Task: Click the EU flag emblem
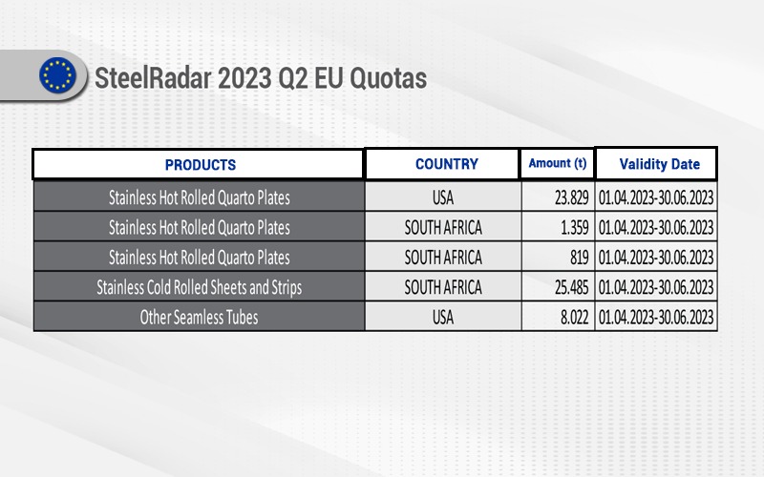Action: click(x=57, y=75)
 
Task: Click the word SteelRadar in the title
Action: click(x=154, y=78)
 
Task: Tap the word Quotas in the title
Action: click(x=389, y=78)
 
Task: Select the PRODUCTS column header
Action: click(x=201, y=165)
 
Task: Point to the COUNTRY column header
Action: click(x=447, y=164)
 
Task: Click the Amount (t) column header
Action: click(x=558, y=163)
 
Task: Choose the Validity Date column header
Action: click(x=659, y=164)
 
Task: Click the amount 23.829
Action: click(x=571, y=197)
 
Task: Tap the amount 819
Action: click(x=580, y=258)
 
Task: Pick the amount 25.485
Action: click(x=571, y=287)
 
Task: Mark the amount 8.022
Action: click(x=575, y=318)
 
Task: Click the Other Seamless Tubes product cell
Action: click(x=199, y=318)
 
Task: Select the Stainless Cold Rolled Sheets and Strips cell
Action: click(x=199, y=287)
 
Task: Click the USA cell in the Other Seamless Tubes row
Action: click(x=443, y=318)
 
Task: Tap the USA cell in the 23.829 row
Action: click(x=443, y=197)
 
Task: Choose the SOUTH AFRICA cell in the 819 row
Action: click(x=443, y=258)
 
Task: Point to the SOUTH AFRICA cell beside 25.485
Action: click(x=443, y=287)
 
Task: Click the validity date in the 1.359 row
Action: click(x=656, y=227)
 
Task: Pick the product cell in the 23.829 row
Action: click(x=199, y=197)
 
